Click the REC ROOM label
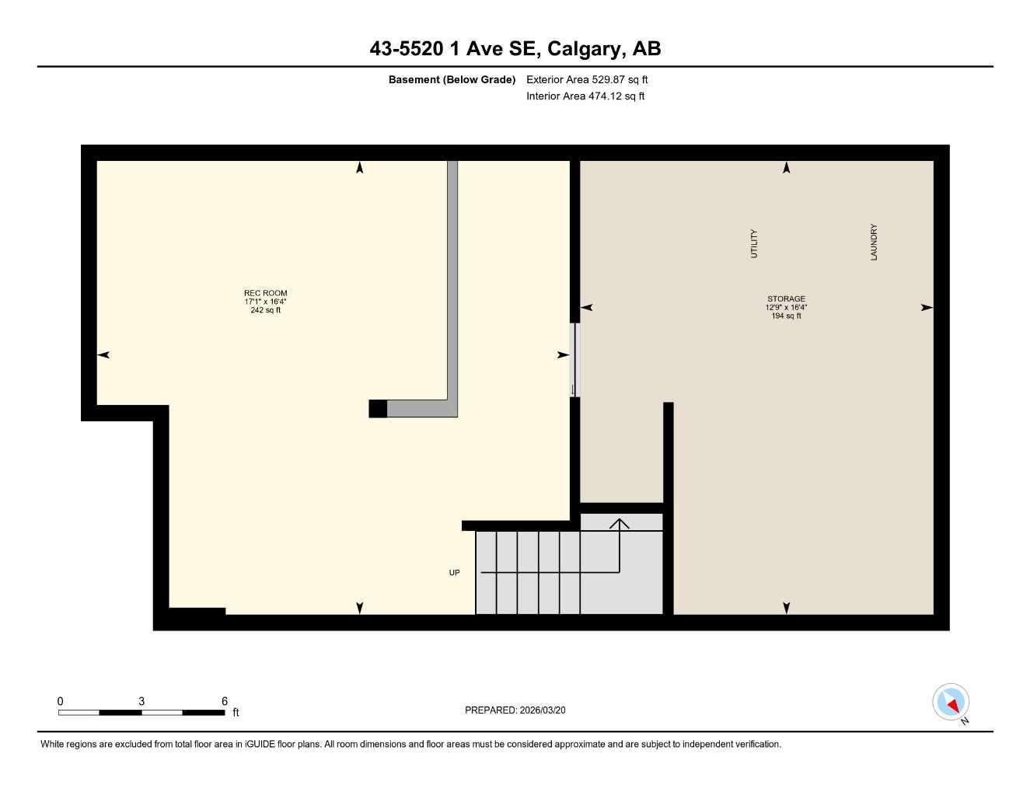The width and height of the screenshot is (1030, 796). (x=265, y=293)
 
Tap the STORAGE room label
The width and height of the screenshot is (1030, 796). (x=786, y=298)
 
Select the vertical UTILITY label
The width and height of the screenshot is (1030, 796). (x=753, y=244)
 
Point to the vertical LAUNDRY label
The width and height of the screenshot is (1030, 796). (x=874, y=243)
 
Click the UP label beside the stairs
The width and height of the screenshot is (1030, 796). (x=454, y=573)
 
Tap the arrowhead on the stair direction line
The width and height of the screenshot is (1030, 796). (x=620, y=522)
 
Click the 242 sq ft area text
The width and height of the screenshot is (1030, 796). (x=265, y=310)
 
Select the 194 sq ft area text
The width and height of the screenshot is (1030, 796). (x=786, y=316)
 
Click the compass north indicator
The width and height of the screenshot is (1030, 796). (x=951, y=703)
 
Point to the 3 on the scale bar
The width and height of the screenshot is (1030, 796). (x=141, y=701)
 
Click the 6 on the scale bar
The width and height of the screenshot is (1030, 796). (x=225, y=701)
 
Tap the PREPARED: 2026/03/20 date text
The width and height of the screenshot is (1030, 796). (x=520, y=710)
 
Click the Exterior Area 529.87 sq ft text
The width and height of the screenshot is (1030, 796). (x=587, y=79)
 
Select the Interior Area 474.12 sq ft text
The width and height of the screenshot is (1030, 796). (x=585, y=96)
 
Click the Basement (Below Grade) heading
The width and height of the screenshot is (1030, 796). (x=452, y=79)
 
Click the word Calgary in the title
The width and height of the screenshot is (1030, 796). (x=585, y=49)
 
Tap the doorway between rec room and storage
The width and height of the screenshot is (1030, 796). (x=575, y=360)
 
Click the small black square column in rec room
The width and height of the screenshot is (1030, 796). (x=378, y=409)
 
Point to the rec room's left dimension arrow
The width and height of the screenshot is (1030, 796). (x=103, y=355)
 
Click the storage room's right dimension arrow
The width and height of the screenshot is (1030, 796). (x=927, y=308)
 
